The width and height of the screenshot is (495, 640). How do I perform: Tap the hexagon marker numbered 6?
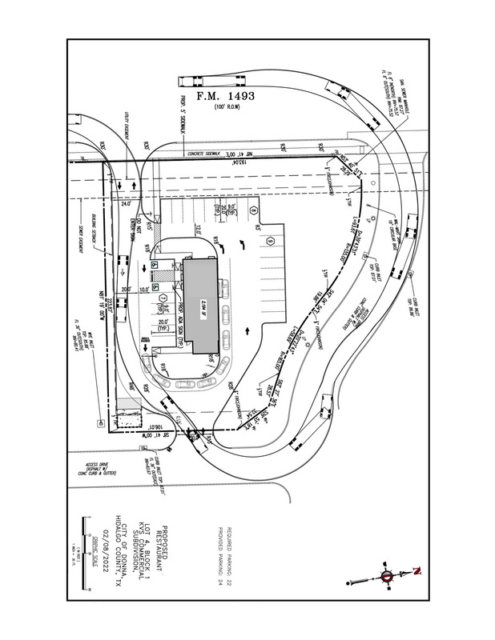point(272,242)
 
